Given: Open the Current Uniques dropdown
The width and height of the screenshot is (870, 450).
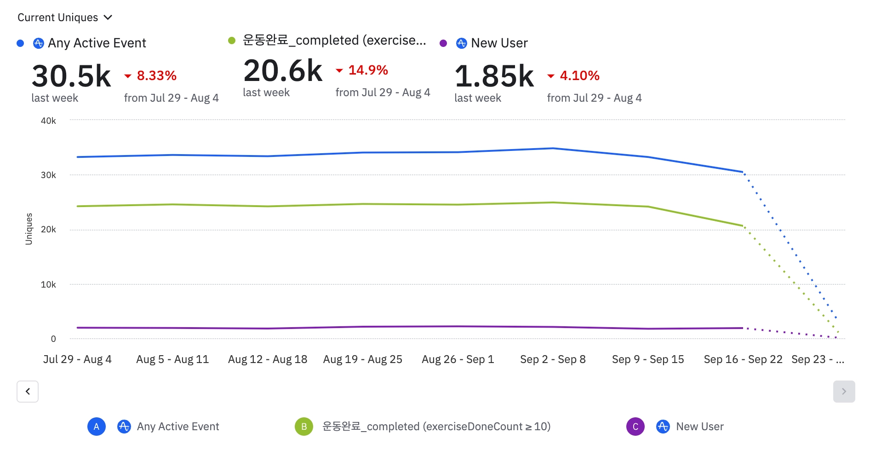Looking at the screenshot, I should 65,17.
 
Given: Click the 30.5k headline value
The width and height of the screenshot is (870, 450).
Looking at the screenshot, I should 71,76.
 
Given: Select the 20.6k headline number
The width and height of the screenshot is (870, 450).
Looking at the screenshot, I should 283,71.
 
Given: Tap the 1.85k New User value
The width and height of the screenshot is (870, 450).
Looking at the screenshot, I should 494,76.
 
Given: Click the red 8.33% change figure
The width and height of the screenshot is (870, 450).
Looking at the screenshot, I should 156,75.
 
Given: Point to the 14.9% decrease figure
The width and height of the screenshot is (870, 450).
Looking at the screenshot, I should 368,70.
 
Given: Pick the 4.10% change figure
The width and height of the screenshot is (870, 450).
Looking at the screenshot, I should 579,75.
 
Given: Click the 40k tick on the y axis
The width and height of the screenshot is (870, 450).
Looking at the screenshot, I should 48,121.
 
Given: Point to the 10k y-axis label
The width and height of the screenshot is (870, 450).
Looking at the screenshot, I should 48,284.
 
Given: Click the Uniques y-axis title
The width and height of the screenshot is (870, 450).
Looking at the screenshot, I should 29,229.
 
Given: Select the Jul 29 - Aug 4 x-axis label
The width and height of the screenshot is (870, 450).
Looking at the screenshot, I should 77,359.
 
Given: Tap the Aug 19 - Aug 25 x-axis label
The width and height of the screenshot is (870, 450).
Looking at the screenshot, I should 362,359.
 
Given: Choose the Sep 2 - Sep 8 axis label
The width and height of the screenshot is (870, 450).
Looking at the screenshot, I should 553,359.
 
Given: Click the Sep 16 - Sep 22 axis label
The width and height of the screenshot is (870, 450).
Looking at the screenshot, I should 743,359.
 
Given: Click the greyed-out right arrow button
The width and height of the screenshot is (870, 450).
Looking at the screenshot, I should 844,392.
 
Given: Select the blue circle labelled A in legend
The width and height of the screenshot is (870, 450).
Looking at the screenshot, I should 97,427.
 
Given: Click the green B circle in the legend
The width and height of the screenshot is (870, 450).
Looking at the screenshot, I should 304,427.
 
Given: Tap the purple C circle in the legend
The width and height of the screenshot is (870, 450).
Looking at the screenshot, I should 635,427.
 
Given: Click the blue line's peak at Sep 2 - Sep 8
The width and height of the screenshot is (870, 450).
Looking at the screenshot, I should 553,148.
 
